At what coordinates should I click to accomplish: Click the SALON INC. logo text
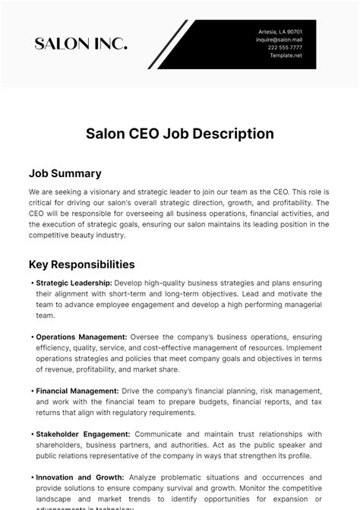click(81, 44)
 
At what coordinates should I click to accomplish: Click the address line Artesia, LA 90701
click(280, 32)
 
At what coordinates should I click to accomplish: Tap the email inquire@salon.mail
click(279, 40)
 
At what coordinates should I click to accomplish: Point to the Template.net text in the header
click(286, 55)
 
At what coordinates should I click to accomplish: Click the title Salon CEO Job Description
click(179, 133)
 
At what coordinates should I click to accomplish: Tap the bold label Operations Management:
click(81, 337)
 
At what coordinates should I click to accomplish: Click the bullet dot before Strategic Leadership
click(32, 283)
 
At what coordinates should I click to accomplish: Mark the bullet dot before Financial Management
click(32, 391)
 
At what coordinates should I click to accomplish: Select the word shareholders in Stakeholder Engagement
click(62, 445)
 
